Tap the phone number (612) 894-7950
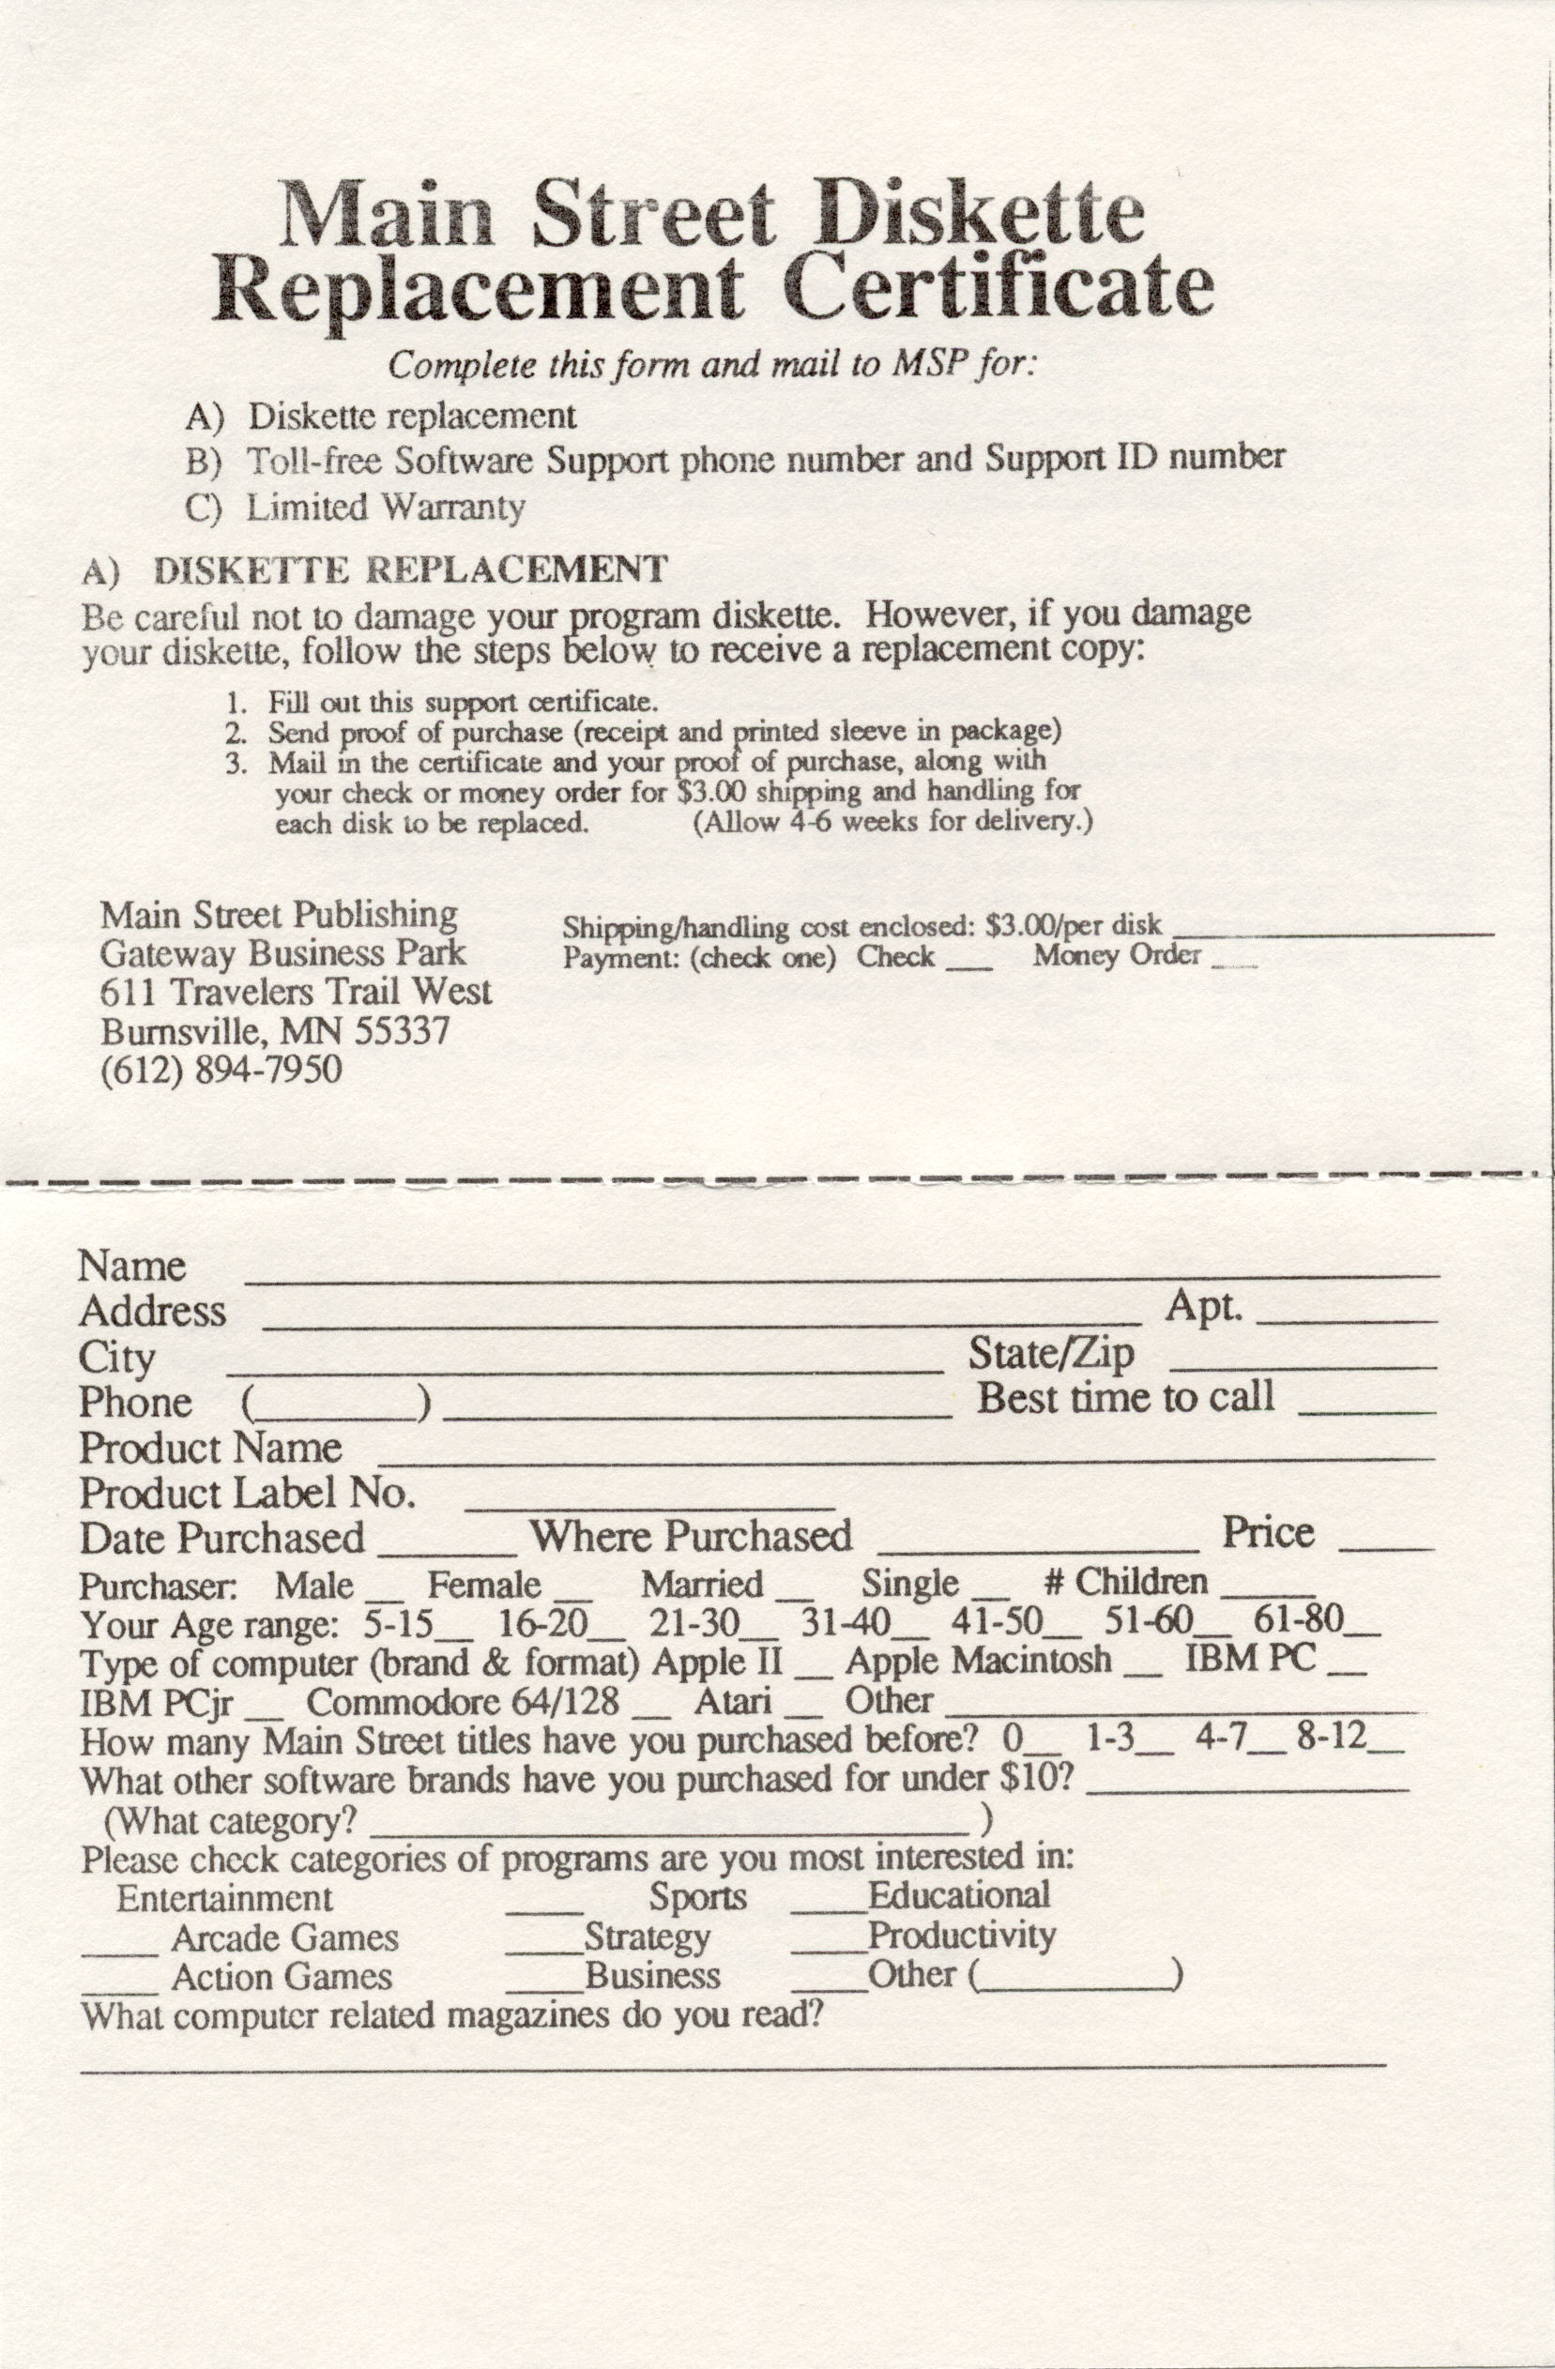(221, 1070)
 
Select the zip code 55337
(403, 1030)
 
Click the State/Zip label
(1051, 1354)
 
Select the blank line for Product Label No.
(649, 1505)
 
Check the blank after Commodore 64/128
(652, 1713)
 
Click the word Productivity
(961, 1936)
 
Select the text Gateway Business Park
(282, 953)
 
